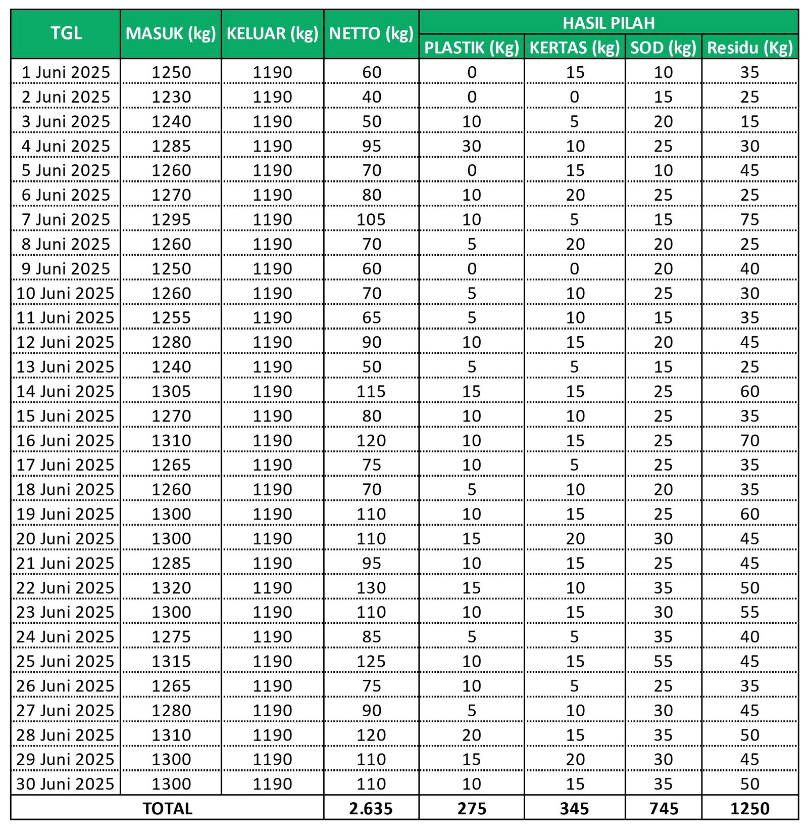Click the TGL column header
66,33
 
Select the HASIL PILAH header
609,23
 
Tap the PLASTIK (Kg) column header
471,48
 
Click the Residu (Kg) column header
749,48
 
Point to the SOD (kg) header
663,48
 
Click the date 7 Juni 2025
66,219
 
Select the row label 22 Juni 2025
66,588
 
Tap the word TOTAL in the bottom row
167,809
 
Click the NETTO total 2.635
371,809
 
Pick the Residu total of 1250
749,809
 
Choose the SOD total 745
664,809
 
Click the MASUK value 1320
171,588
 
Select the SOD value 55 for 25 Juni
663,661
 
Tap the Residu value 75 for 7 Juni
749,219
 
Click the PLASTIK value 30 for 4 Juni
471,146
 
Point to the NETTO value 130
371,588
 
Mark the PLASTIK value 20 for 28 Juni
471,735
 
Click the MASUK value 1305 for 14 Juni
171,391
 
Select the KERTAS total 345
574,809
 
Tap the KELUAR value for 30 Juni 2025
272,784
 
